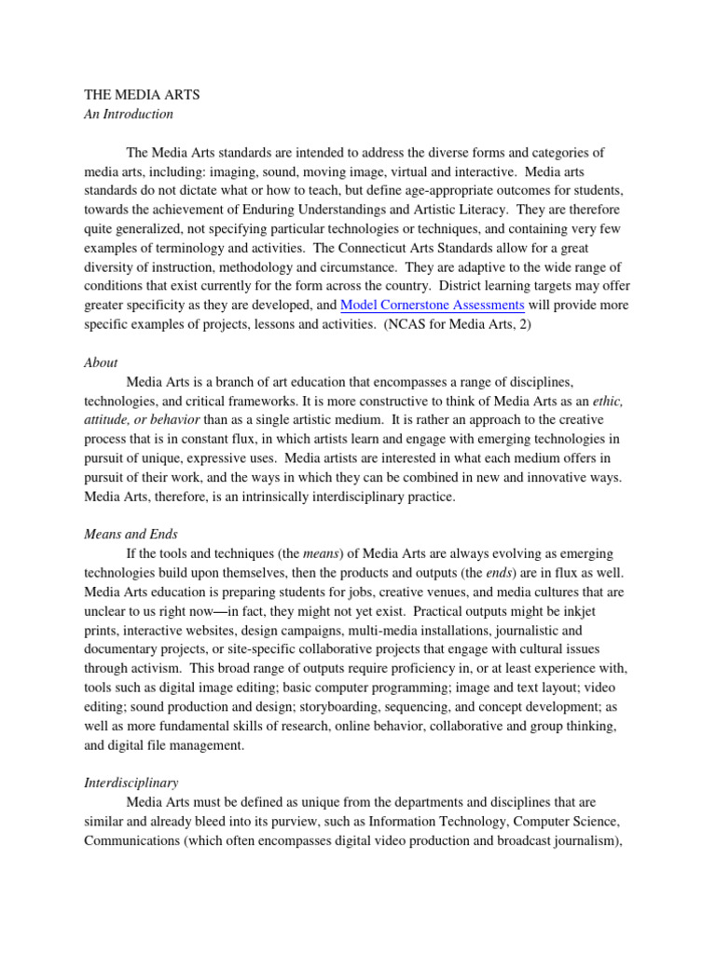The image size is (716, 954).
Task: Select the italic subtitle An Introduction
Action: pyautogui.click(x=129, y=115)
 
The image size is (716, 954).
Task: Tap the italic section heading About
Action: pyautogui.click(x=101, y=362)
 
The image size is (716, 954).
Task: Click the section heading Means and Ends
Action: pyautogui.click(x=131, y=534)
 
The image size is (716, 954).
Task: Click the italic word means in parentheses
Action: pyautogui.click(x=322, y=552)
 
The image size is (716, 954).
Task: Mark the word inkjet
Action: pyautogui.click(x=602, y=610)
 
